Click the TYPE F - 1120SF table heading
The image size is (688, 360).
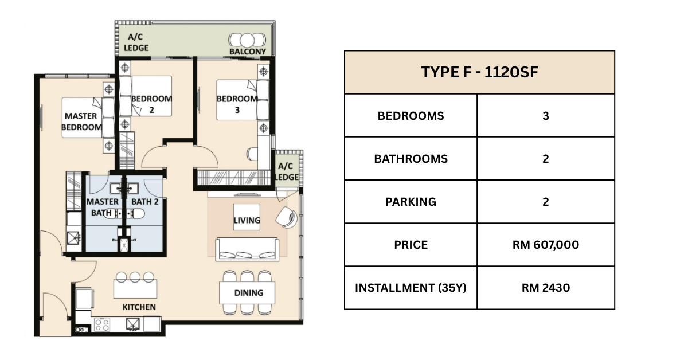[479, 72]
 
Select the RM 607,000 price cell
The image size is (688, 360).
[546, 245]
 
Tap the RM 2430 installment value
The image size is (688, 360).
[546, 288]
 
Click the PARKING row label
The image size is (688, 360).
[411, 202]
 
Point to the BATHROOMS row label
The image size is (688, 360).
[411, 159]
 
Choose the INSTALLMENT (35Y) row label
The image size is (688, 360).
[411, 288]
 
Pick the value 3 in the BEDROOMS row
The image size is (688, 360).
[545, 116]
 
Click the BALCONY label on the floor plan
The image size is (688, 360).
[248, 51]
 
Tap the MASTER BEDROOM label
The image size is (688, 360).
[81, 122]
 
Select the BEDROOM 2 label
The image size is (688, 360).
[151, 104]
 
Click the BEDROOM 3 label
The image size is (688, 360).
[237, 104]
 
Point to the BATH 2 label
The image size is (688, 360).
[145, 202]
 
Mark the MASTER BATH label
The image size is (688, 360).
[102, 208]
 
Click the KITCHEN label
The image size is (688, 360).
[139, 307]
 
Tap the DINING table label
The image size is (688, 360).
[249, 293]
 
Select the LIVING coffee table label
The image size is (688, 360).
[247, 220]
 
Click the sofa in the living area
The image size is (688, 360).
[247, 249]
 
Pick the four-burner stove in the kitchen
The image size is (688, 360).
[102, 324]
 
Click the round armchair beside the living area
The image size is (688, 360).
[286, 217]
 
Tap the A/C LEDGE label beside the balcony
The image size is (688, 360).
[136, 42]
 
